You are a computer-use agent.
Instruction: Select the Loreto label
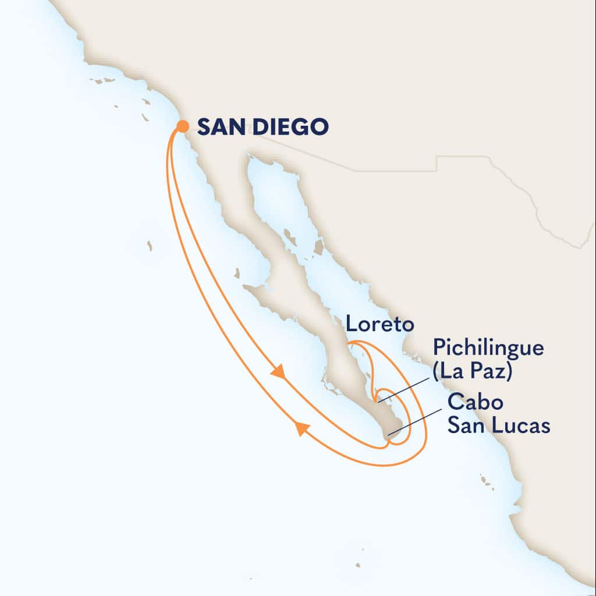(370, 325)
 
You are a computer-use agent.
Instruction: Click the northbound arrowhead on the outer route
(301, 429)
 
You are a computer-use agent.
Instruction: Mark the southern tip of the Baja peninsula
(386, 435)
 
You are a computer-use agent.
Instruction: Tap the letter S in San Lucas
(454, 425)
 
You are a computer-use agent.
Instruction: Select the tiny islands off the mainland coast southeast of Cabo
(485, 480)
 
